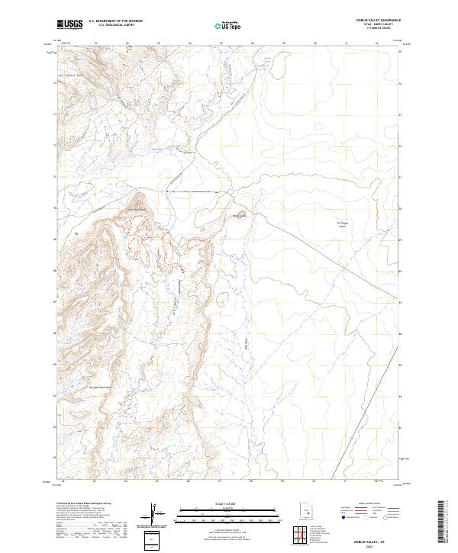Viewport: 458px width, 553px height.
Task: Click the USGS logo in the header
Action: click(x=70, y=25)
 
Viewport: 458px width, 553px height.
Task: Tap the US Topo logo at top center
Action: click(x=220, y=25)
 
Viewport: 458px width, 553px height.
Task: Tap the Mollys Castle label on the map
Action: click(x=240, y=215)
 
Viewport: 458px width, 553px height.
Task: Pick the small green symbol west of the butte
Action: click(x=76, y=232)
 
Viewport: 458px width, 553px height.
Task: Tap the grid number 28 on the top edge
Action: click(x=251, y=44)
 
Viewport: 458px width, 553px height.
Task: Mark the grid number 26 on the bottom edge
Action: click(x=189, y=481)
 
